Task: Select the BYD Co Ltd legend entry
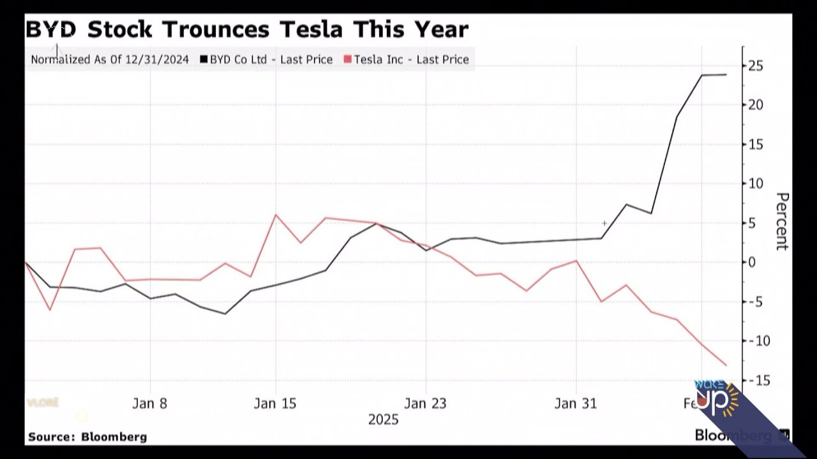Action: pyautogui.click(x=266, y=59)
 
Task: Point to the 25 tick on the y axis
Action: pyautogui.click(x=756, y=66)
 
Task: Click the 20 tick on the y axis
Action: pyautogui.click(x=756, y=105)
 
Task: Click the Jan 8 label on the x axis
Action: pyautogui.click(x=150, y=404)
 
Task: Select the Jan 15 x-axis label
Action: pyautogui.click(x=275, y=404)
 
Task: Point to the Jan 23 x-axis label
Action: pyautogui.click(x=425, y=404)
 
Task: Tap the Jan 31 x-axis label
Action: pyautogui.click(x=576, y=404)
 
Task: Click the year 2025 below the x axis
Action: pyautogui.click(x=383, y=419)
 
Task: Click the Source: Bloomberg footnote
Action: pyautogui.click(x=87, y=437)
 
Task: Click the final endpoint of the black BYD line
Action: pyautogui.click(x=726, y=75)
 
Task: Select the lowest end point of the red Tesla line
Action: pyautogui.click(x=726, y=365)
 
